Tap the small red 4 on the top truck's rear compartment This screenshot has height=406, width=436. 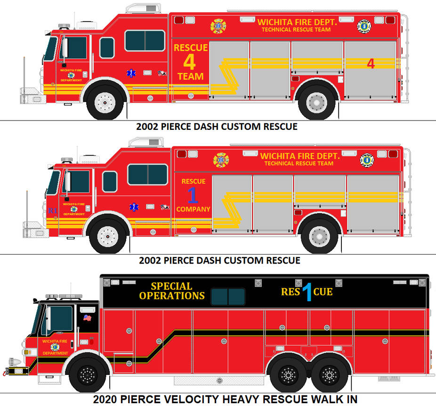(x=371, y=64)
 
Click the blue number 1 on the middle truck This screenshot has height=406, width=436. (x=193, y=195)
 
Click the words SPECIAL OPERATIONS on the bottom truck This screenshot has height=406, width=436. (x=172, y=291)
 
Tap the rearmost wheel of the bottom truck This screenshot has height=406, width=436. (x=329, y=375)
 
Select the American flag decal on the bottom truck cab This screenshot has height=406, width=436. (x=87, y=318)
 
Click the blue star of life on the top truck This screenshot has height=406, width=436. (x=130, y=74)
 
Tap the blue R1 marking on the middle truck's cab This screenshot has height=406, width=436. (x=53, y=211)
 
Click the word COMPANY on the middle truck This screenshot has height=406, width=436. (x=193, y=209)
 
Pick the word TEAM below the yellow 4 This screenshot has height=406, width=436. (x=190, y=76)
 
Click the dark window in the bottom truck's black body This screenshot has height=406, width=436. (x=228, y=296)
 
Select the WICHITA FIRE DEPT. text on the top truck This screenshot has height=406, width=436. (x=297, y=22)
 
